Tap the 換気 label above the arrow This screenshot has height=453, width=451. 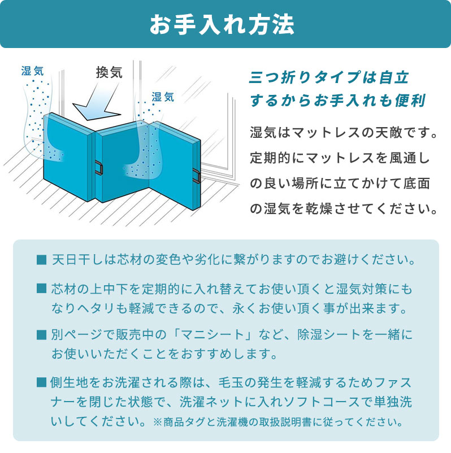[109, 73]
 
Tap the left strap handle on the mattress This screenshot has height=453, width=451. [100, 168]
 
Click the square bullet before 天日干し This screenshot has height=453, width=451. [41, 261]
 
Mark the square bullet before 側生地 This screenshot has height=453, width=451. [41, 382]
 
